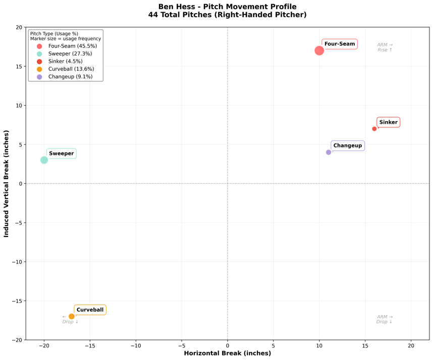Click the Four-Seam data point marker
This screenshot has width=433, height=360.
coord(319,50)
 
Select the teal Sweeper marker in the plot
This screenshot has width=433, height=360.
coord(44,160)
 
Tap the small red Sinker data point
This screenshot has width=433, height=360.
coord(374,129)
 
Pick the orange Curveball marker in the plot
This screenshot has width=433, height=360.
coord(72,317)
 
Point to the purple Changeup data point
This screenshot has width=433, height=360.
coord(329,152)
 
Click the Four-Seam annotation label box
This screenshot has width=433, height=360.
coord(340,44)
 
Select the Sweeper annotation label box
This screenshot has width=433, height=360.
coord(61,153)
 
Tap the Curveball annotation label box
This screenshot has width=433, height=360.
coord(90,310)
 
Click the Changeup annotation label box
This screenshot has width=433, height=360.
coord(348,145)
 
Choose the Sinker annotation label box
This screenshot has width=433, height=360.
coord(388,122)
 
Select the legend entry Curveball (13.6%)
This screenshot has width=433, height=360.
coord(66,69)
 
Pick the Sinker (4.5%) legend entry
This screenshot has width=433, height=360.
coord(60,61)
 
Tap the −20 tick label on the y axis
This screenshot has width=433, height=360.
coord(17,340)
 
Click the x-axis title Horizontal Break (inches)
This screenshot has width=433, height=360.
coord(228,353)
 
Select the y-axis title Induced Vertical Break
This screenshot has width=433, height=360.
coord(6,184)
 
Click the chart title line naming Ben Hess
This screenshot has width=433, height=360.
coord(227,7)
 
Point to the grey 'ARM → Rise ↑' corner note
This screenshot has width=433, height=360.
coord(385,47)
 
